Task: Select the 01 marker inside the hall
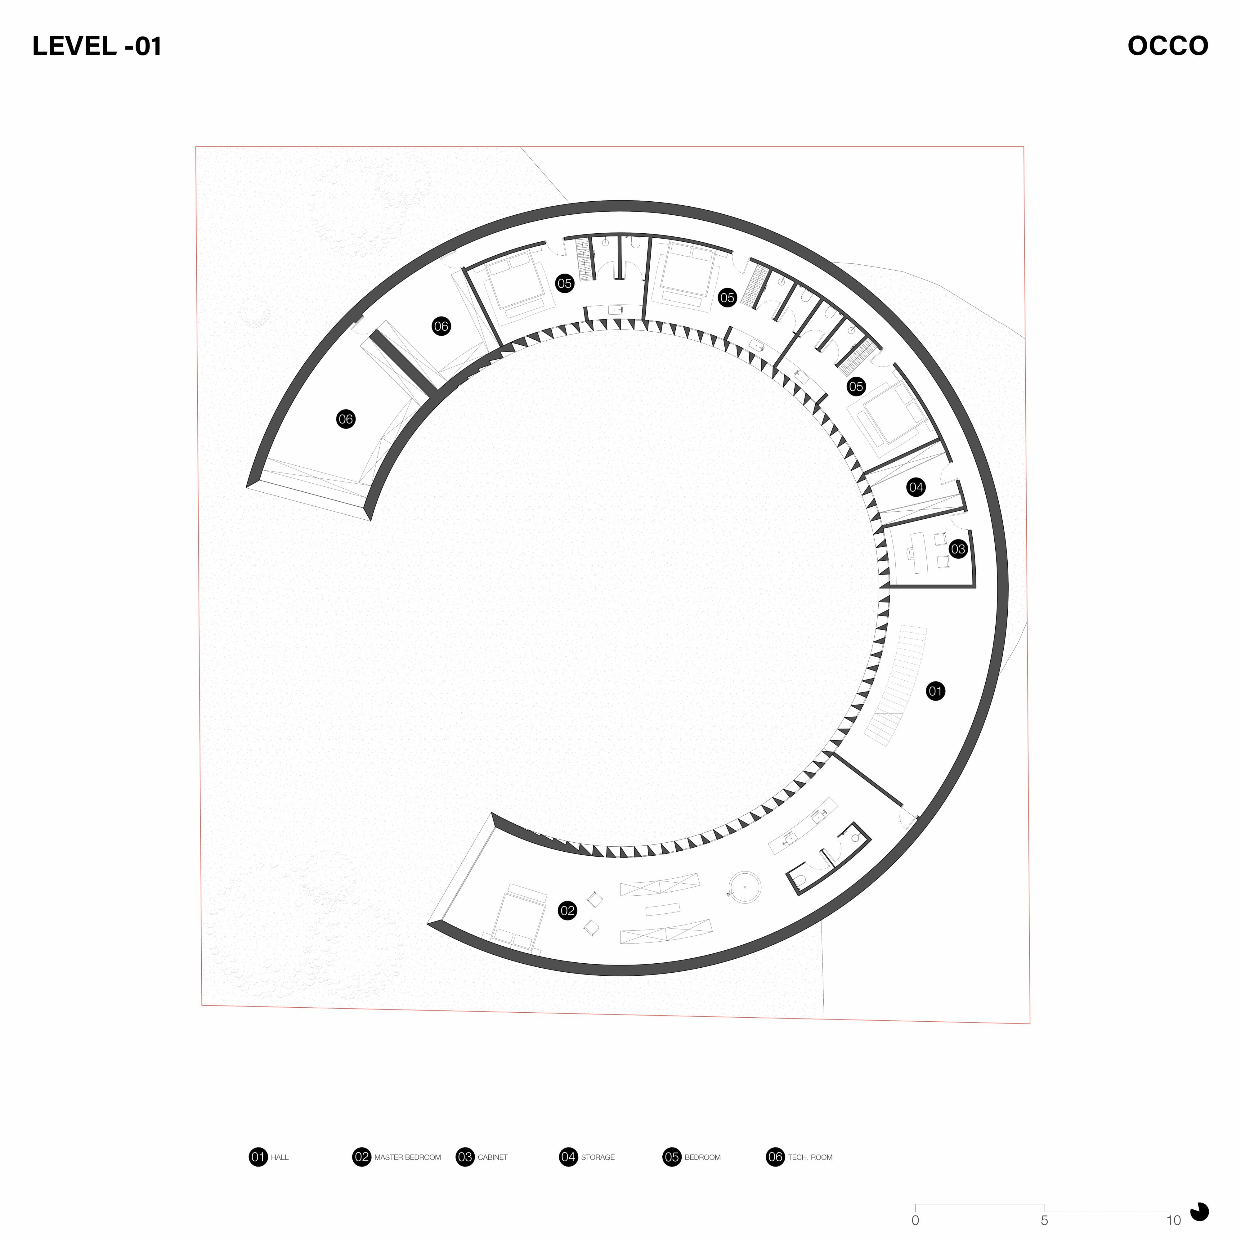pyautogui.click(x=935, y=691)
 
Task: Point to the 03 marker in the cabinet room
pyautogui.click(x=958, y=549)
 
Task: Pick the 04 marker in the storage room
pyautogui.click(x=916, y=487)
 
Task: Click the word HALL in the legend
pyautogui.click(x=280, y=1158)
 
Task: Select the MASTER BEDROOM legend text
pyautogui.click(x=407, y=1158)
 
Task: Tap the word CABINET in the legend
pyautogui.click(x=493, y=1158)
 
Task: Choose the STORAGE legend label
pyautogui.click(x=597, y=1158)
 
